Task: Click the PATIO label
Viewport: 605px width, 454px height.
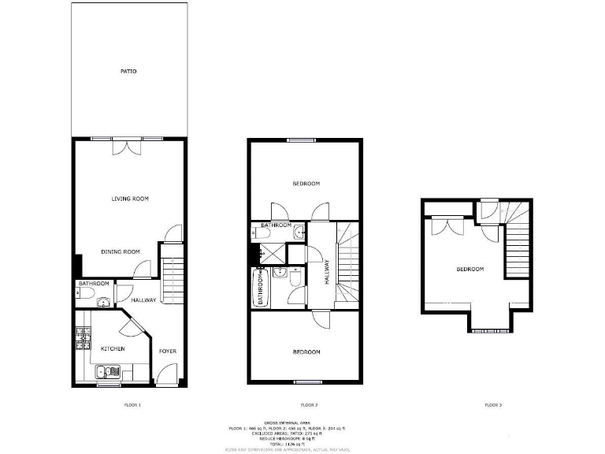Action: (x=128, y=72)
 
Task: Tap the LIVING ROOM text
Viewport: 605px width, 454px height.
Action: (x=130, y=199)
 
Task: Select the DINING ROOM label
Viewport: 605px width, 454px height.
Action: (x=121, y=251)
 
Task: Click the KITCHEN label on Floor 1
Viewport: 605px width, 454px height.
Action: (x=112, y=348)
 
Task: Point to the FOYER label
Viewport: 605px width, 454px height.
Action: (x=167, y=351)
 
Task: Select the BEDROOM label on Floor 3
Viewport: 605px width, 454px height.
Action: (x=470, y=270)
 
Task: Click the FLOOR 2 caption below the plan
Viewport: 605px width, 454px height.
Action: (x=306, y=405)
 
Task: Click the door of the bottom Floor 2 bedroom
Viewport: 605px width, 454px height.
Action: (x=321, y=318)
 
